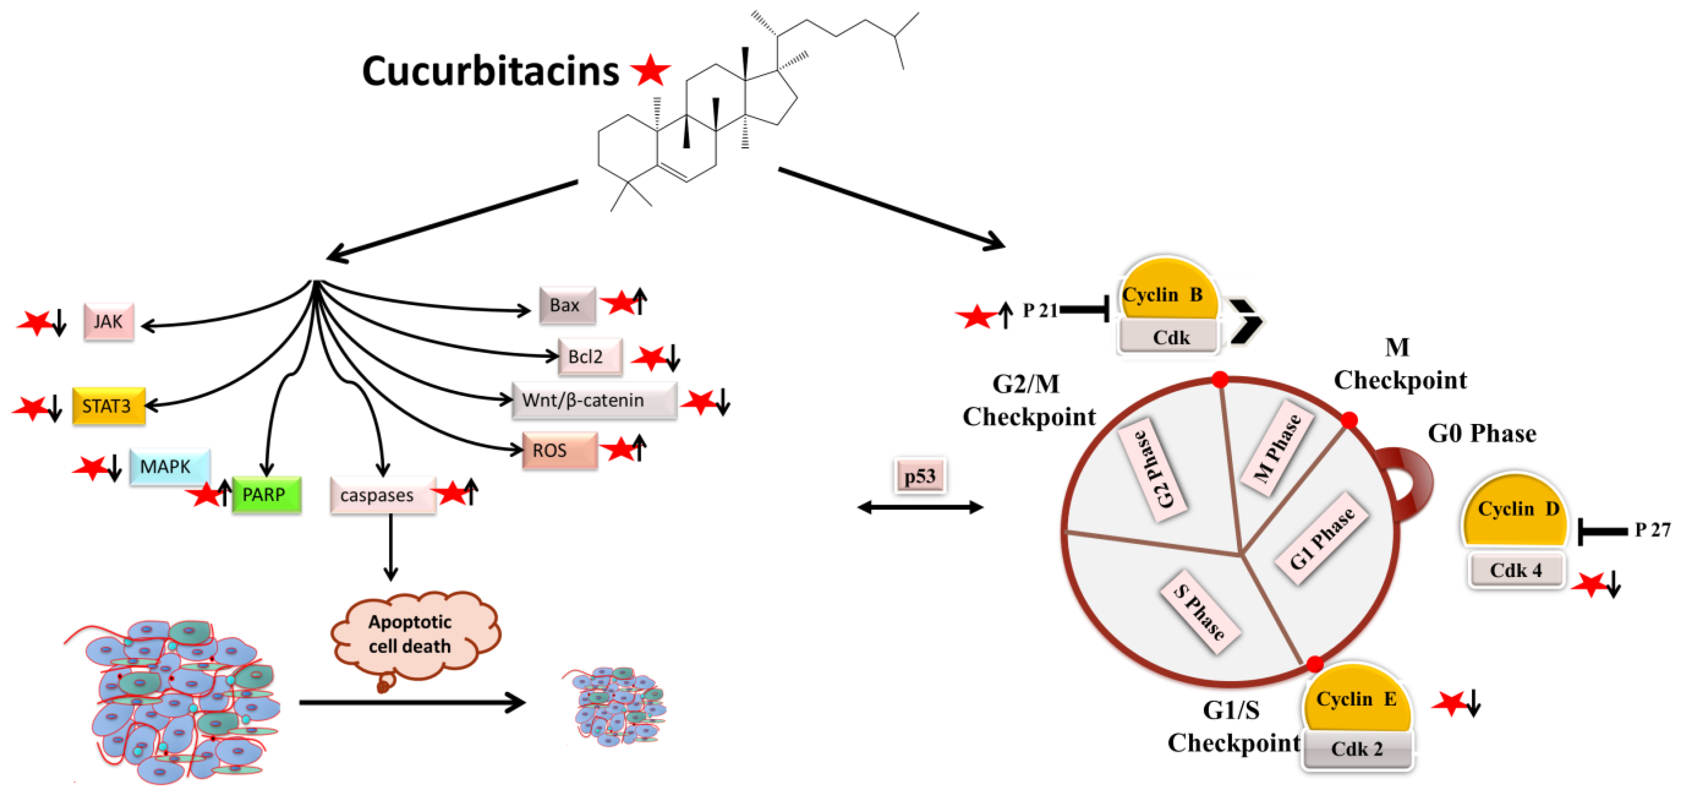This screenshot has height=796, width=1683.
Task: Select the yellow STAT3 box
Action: pyautogui.click(x=108, y=406)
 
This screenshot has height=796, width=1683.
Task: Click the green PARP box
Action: pyautogui.click(x=266, y=494)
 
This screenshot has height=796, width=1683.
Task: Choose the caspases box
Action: pyautogui.click(x=382, y=495)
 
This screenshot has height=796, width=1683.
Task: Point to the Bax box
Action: pyautogui.click(x=566, y=305)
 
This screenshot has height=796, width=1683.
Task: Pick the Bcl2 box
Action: pyautogui.click(x=589, y=357)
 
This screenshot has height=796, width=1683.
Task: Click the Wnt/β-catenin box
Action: pyautogui.click(x=593, y=400)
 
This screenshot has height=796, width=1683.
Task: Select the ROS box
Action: pyautogui.click(x=559, y=450)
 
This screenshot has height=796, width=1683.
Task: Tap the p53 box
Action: pyautogui.click(x=919, y=476)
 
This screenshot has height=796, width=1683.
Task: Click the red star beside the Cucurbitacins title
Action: pyautogui.click(x=649, y=71)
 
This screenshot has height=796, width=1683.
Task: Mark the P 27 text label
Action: pyautogui.click(x=1652, y=529)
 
